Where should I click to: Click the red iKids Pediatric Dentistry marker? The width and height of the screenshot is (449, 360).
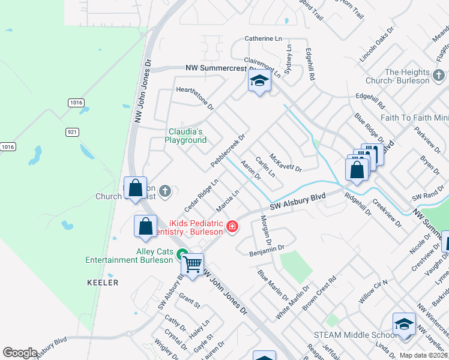pyautogui.click(x=231, y=227)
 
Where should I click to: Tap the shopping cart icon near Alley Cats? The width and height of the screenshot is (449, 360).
pyautogui.click(x=193, y=264)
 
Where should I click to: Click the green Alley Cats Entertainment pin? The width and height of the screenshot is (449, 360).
pyautogui.click(x=182, y=254)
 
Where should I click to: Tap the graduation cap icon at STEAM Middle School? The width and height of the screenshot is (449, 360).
pyautogui.click(x=405, y=323)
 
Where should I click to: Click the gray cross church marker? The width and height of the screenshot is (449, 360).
pyautogui.click(x=165, y=191)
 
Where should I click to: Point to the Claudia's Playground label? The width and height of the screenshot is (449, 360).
pyautogui.click(x=186, y=136)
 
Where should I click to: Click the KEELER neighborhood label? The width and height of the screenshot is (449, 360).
pyautogui.click(x=103, y=282)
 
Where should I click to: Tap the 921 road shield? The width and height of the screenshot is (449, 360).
pyautogui.click(x=71, y=131)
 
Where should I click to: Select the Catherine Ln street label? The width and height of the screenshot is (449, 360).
pyautogui.click(x=263, y=39)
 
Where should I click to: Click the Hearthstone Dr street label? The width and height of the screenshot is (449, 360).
pyautogui.click(x=194, y=97)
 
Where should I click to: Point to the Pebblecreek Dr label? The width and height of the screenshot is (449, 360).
pyautogui.click(x=228, y=150)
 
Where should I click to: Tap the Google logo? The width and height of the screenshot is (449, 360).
pyautogui.click(x=20, y=352)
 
